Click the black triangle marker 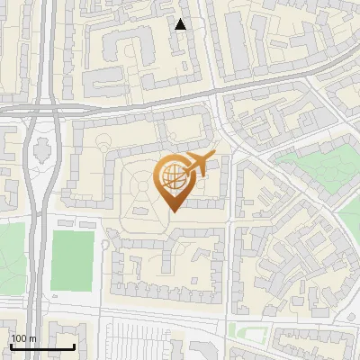pos(181,24)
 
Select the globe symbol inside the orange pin pos(173,175)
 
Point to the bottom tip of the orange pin pos(175,211)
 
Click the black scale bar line pos(42,346)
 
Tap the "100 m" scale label pos(23,338)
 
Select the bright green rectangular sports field pos(72,260)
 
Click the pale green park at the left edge pos(11,256)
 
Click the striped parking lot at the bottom pos(135,344)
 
